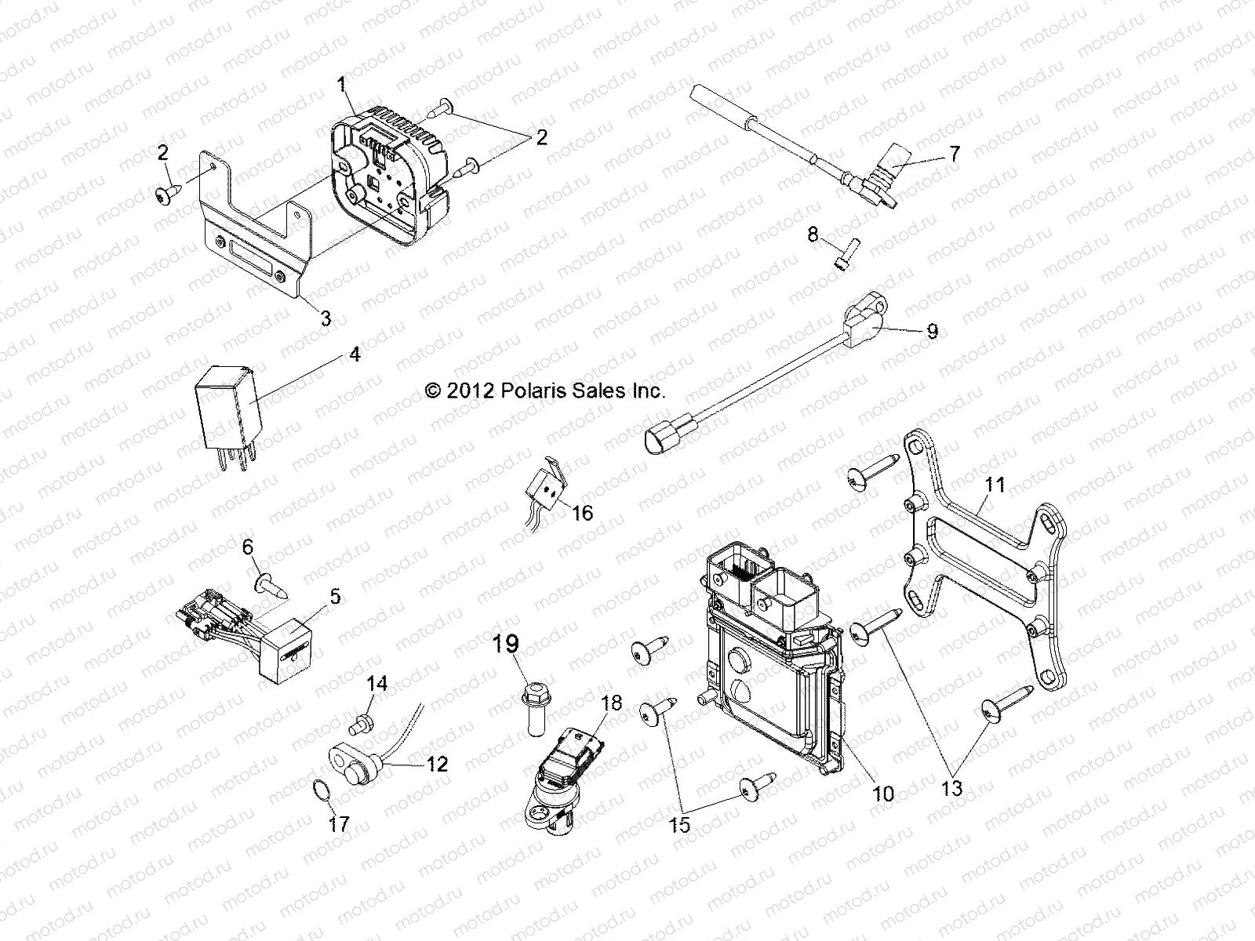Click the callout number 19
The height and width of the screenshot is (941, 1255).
[x=506, y=645]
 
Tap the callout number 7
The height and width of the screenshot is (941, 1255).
[x=954, y=154]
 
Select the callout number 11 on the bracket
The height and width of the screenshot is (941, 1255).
[x=995, y=485]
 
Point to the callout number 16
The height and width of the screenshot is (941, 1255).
[x=582, y=513]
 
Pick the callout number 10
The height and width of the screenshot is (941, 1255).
[x=883, y=794]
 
